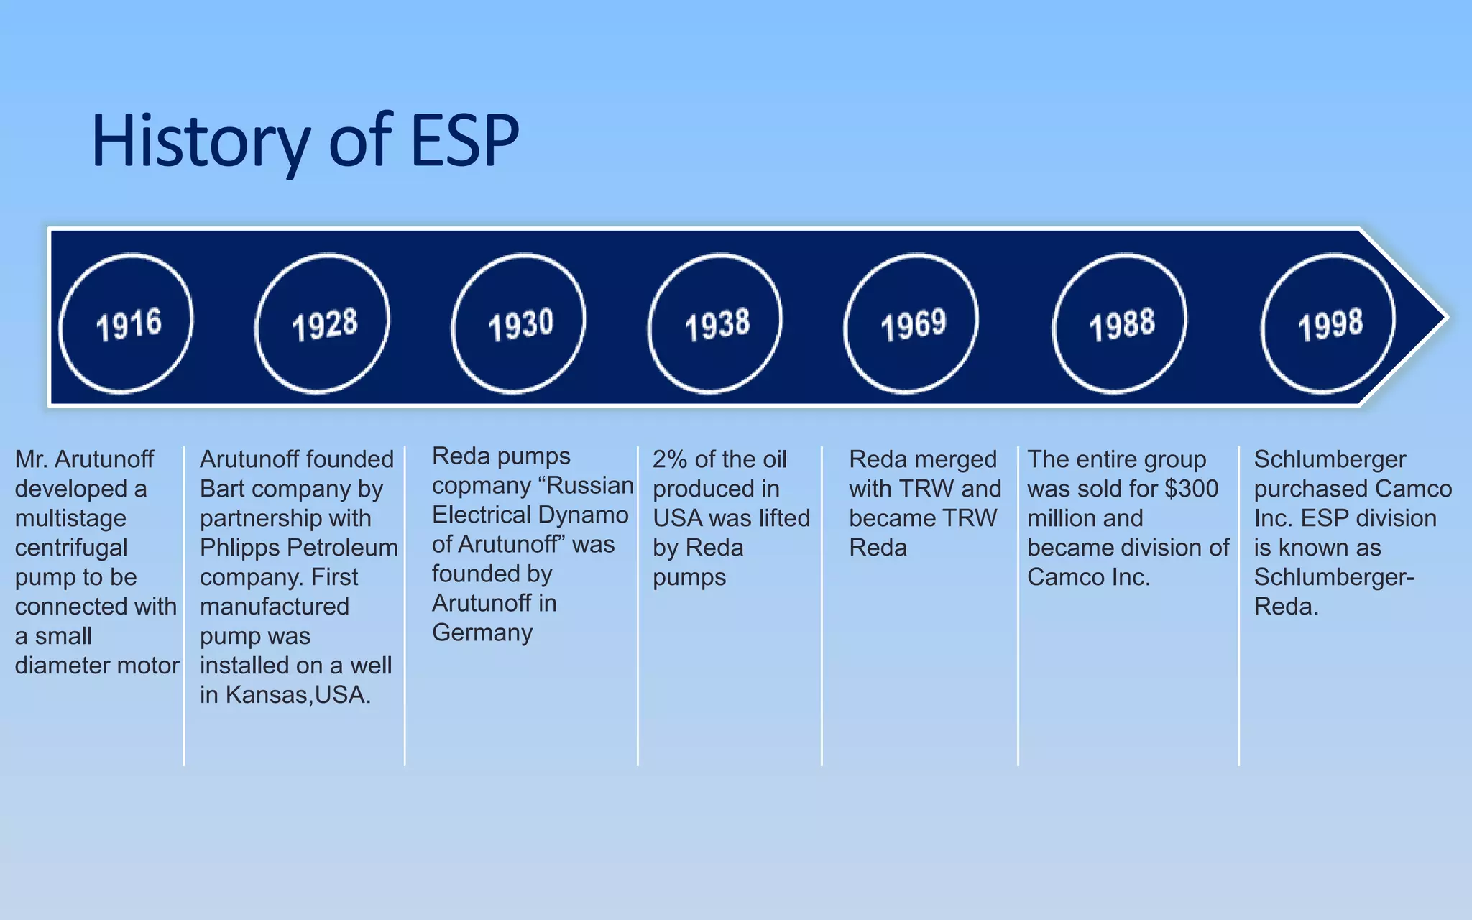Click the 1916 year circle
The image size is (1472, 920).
126,323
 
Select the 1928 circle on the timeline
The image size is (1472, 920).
323,323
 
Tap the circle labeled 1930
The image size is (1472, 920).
519,323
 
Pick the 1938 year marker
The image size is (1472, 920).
715,323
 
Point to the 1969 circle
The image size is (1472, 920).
911,323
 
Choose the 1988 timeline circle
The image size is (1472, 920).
1120,323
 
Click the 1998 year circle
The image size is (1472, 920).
1328,323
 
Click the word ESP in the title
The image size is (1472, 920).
464,140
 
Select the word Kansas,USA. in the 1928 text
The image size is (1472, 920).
298,695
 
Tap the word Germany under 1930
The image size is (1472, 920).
482,632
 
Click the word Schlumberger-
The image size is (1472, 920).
1334,577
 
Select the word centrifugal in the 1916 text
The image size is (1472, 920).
71,548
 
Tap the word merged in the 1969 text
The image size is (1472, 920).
955,459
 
